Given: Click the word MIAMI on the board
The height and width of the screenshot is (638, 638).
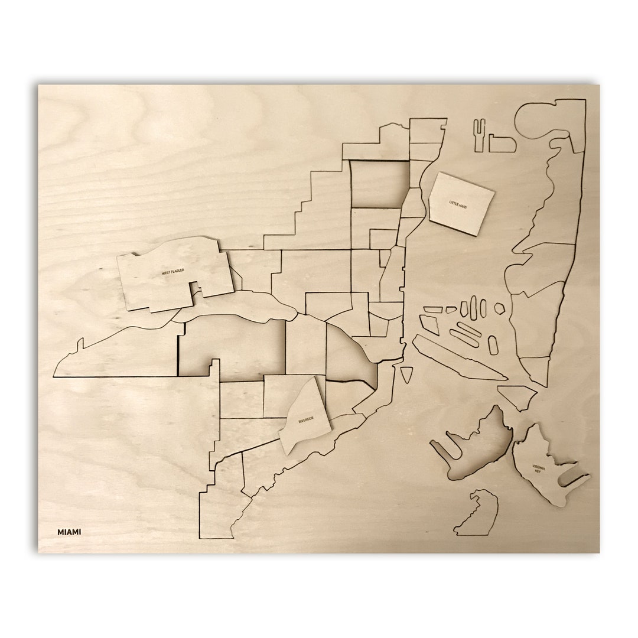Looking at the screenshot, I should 69,532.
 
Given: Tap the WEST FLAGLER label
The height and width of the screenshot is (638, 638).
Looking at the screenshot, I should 173,272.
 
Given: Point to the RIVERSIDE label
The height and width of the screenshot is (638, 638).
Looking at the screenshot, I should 306,419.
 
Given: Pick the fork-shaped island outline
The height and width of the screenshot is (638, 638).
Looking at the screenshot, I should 480,134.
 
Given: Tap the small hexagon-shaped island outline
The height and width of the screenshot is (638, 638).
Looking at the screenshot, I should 499,308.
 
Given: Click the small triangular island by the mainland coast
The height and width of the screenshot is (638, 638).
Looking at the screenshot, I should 406,373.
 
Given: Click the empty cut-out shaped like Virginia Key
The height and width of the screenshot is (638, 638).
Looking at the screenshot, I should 476,446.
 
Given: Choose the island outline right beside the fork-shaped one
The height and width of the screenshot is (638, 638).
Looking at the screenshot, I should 502,144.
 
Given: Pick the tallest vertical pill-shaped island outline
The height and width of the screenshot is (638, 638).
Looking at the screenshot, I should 473,306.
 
